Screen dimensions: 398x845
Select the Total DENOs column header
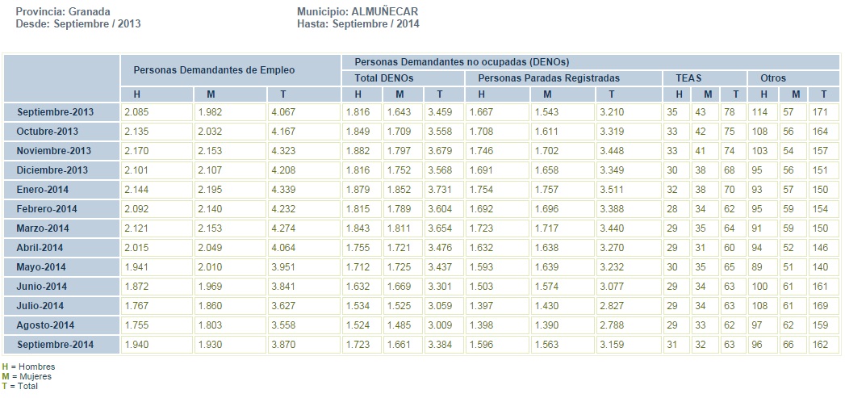tap(384, 78)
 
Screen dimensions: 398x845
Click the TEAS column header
tap(683, 78)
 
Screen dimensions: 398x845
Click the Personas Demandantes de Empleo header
tap(214, 70)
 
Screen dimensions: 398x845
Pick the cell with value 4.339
tap(287, 190)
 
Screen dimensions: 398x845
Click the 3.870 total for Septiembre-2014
tap(287, 345)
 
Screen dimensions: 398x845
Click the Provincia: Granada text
tap(63, 12)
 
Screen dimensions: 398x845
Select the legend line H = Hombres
tap(29, 367)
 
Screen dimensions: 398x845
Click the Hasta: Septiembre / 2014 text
tap(358, 24)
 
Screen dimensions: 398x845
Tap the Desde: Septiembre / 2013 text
tap(78, 24)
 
